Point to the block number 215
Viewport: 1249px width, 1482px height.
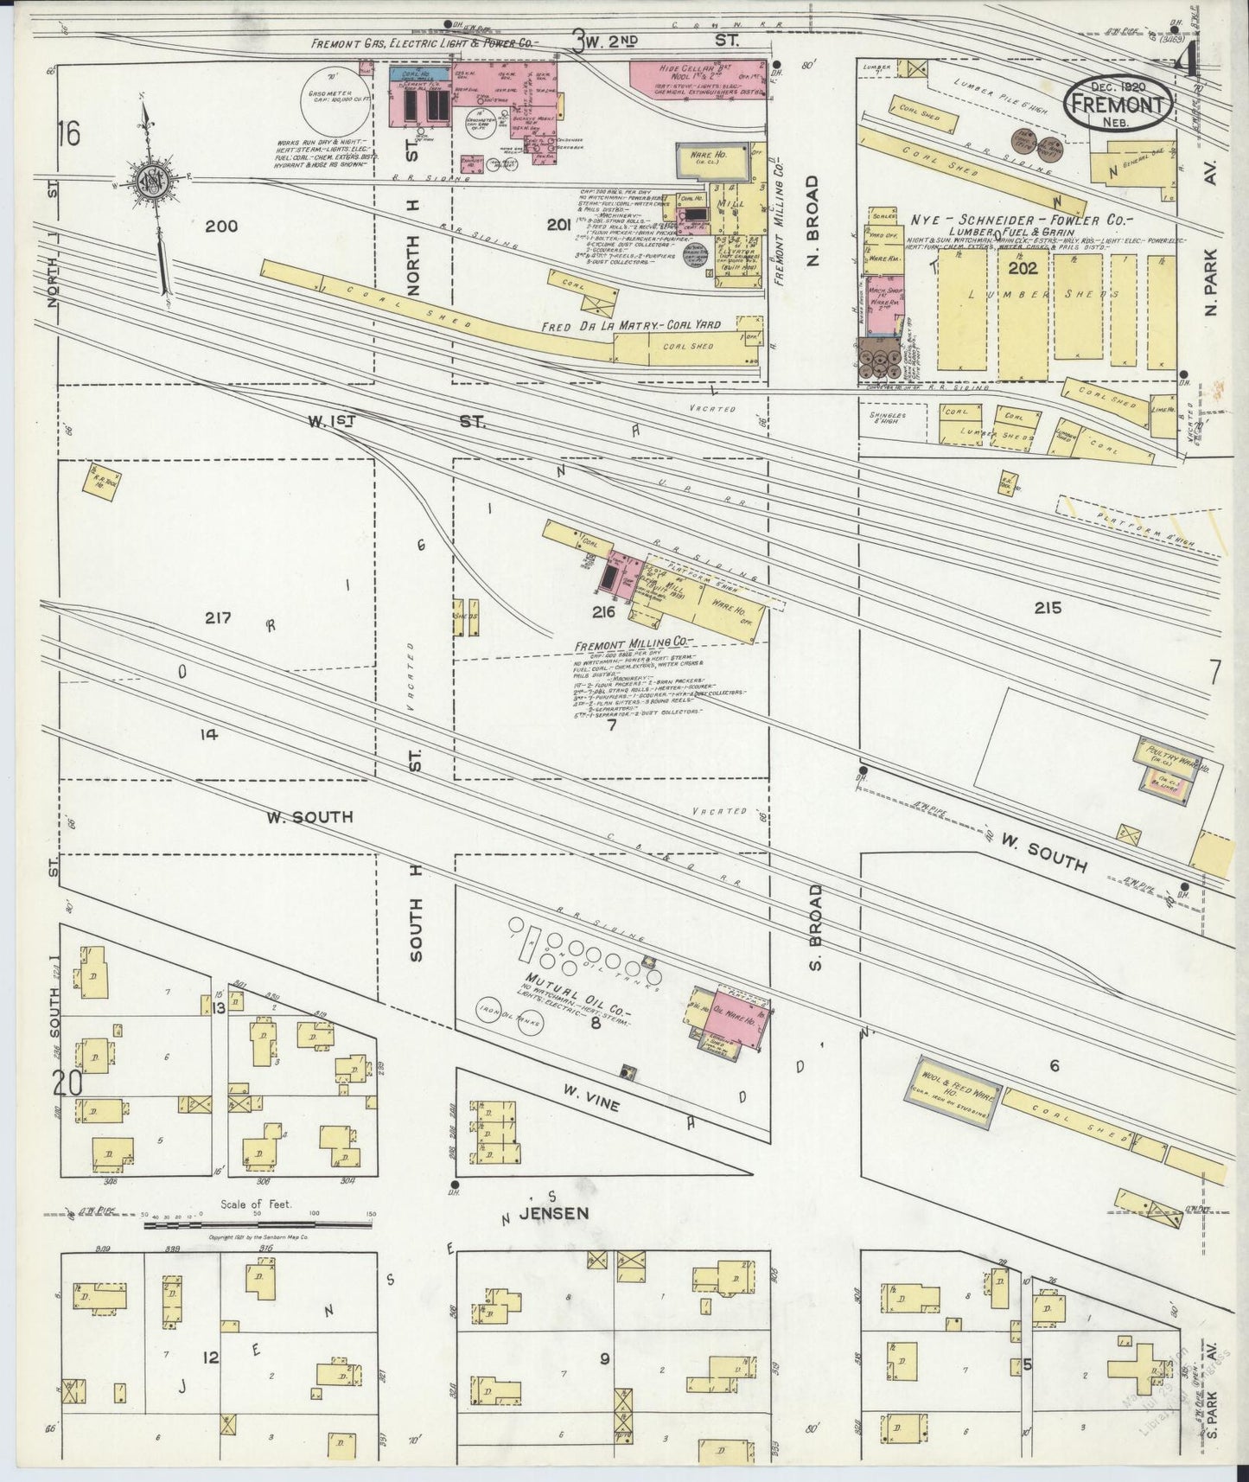coord(1047,608)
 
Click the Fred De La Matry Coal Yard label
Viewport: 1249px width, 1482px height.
coord(631,326)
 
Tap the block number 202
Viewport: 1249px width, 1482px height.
coord(1022,268)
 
